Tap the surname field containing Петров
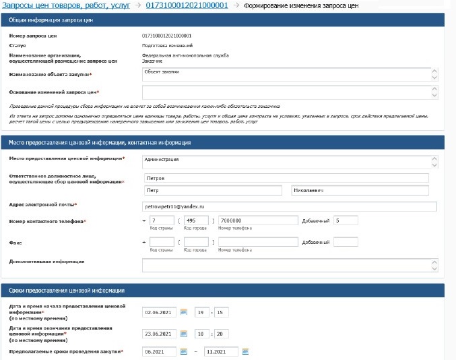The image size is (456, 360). coord(286,178)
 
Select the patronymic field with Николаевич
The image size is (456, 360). coord(359,191)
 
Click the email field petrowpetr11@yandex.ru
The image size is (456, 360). coord(286,204)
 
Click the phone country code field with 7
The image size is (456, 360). coord(162,220)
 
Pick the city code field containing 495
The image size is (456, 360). coord(197,220)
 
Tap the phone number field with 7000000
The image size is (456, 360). coord(258,220)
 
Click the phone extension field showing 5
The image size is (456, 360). coord(346,220)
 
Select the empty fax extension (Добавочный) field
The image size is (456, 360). coord(346,242)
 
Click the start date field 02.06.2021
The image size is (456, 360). coord(160,312)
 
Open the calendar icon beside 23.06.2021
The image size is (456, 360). coord(183,333)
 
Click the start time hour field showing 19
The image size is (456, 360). coord(201,312)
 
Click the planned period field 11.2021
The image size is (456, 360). coord(221,351)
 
